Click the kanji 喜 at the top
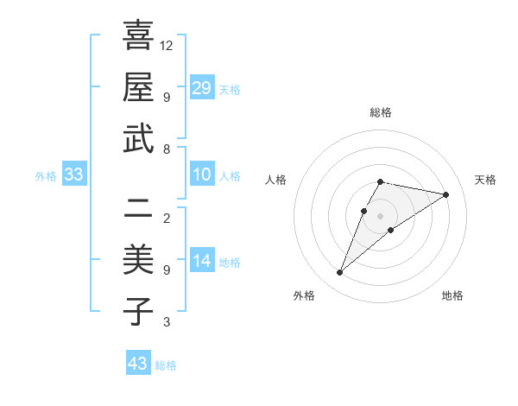pyautogui.click(x=138, y=36)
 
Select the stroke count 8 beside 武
pyautogui.click(x=166, y=149)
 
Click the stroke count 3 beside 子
pyautogui.click(x=166, y=322)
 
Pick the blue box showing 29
pyautogui.click(x=202, y=87)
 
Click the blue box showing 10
pyautogui.click(x=202, y=175)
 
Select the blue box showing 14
pyautogui.click(x=202, y=261)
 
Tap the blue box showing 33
pyautogui.click(x=74, y=175)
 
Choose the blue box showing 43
pyautogui.click(x=137, y=364)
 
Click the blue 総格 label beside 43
pyautogui.click(x=166, y=365)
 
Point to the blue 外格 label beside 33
pyautogui.click(x=46, y=176)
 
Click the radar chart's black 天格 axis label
pyautogui.click(x=485, y=180)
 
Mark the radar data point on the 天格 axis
pyautogui.click(x=445, y=194)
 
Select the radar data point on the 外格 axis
pyautogui.click(x=339, y=273)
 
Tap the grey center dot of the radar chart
pyautogui.click(x=381, y=215)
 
